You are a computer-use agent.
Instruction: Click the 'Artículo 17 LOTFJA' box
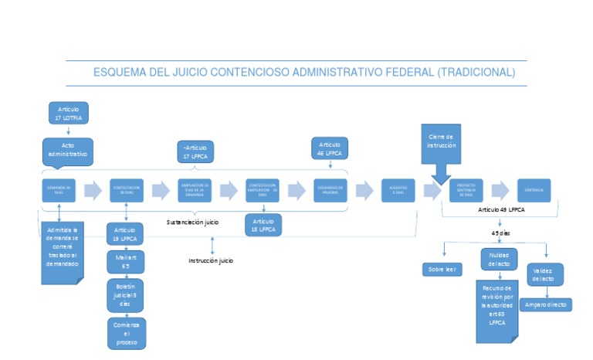[68, 112]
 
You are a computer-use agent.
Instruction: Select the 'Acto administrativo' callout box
[68, 149]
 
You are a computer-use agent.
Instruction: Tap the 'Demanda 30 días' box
[59, 189]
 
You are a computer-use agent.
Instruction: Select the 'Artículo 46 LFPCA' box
[330, 148]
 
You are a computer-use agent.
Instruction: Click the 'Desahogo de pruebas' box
[331, 189]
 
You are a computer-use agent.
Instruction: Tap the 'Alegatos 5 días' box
[398, 189]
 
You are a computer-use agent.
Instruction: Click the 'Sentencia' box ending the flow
[534, 189]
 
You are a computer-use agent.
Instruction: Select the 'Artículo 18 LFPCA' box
[263, 224]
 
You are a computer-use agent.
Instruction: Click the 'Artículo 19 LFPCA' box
[125, 234]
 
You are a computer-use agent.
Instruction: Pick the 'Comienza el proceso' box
[125, 332]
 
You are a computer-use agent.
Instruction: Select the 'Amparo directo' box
[546, 305]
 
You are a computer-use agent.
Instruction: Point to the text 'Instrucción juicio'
[211, 261]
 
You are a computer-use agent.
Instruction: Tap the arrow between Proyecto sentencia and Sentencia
[500, 189]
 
